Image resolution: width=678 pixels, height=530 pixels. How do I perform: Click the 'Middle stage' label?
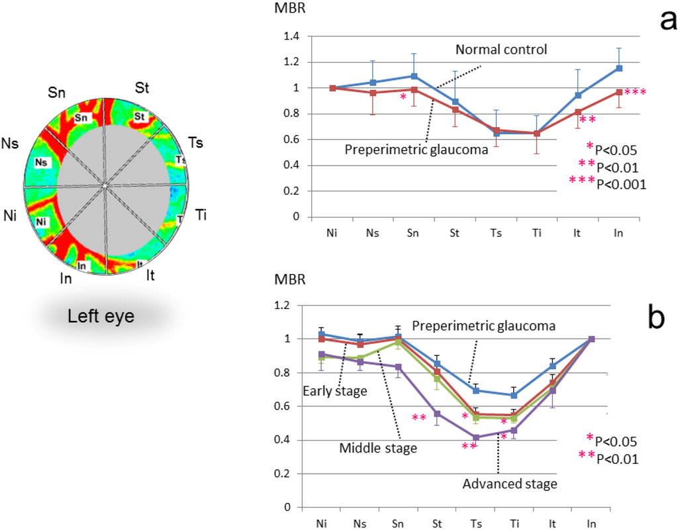click(x=378, y=449)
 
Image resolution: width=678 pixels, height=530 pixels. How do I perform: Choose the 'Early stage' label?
click(x=334, y=391)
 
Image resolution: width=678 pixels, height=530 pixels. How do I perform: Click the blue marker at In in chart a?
click(x=601, y=67)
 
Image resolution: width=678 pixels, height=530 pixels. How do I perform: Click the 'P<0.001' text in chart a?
click(x=621, y=184)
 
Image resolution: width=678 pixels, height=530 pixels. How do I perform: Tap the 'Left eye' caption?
click(x=101, y=316)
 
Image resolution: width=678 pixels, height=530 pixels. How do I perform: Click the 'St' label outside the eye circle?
click(x=142, y=87)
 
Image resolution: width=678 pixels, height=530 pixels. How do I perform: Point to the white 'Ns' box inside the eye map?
click(x=42, y=161)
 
